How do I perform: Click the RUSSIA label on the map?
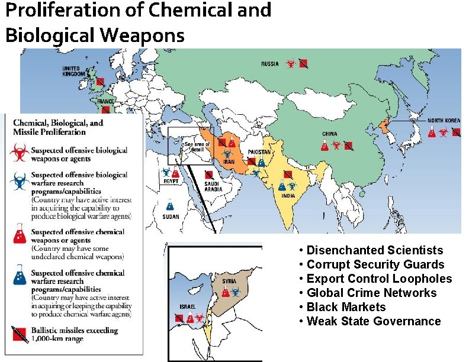tap(271, 63)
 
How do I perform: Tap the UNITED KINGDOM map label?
tap(75, 71)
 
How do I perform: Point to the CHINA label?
tap(330, 134)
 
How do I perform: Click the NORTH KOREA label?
tap(444, 121)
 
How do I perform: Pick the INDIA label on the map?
tap(288, 196)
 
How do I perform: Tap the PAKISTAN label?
tap(260, 153)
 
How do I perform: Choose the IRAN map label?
tap(228, 161)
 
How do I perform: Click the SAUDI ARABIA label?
tap(211, 186)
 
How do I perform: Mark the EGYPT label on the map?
tap(169, 183)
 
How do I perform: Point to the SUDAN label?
tap(171, 217)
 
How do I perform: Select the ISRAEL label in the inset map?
tap(188, 306)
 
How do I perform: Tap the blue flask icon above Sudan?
tap(171, 205)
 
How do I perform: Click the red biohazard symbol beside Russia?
tap(290, 63)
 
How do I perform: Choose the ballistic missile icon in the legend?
tap(18, 334)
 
